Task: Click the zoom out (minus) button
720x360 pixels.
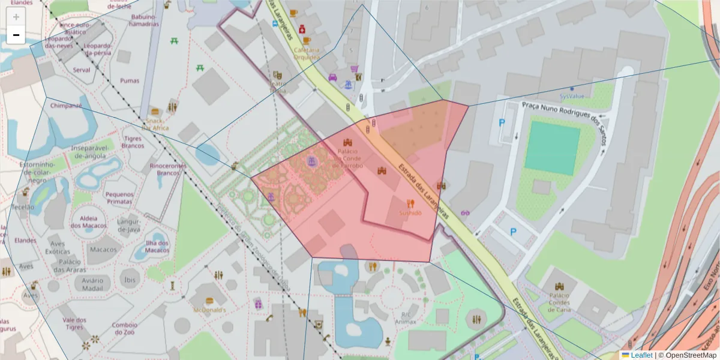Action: pos(16,35)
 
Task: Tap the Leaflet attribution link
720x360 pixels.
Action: pos(641,355)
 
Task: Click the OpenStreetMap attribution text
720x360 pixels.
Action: pos(688,355)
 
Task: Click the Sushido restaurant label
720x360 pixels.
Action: pos(410,213)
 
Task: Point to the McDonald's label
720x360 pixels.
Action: pos(209,310)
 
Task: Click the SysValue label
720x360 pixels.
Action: pos(571,95)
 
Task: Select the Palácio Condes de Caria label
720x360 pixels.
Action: pos(560,298)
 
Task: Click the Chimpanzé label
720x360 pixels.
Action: pos(66,106)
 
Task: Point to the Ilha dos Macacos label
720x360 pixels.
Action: pos(157,247)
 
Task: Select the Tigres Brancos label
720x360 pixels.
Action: pos(133,142)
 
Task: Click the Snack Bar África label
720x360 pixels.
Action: pos(155,124)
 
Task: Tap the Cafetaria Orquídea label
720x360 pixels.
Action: pos(307,53)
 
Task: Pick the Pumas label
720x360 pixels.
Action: pos(129,81)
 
